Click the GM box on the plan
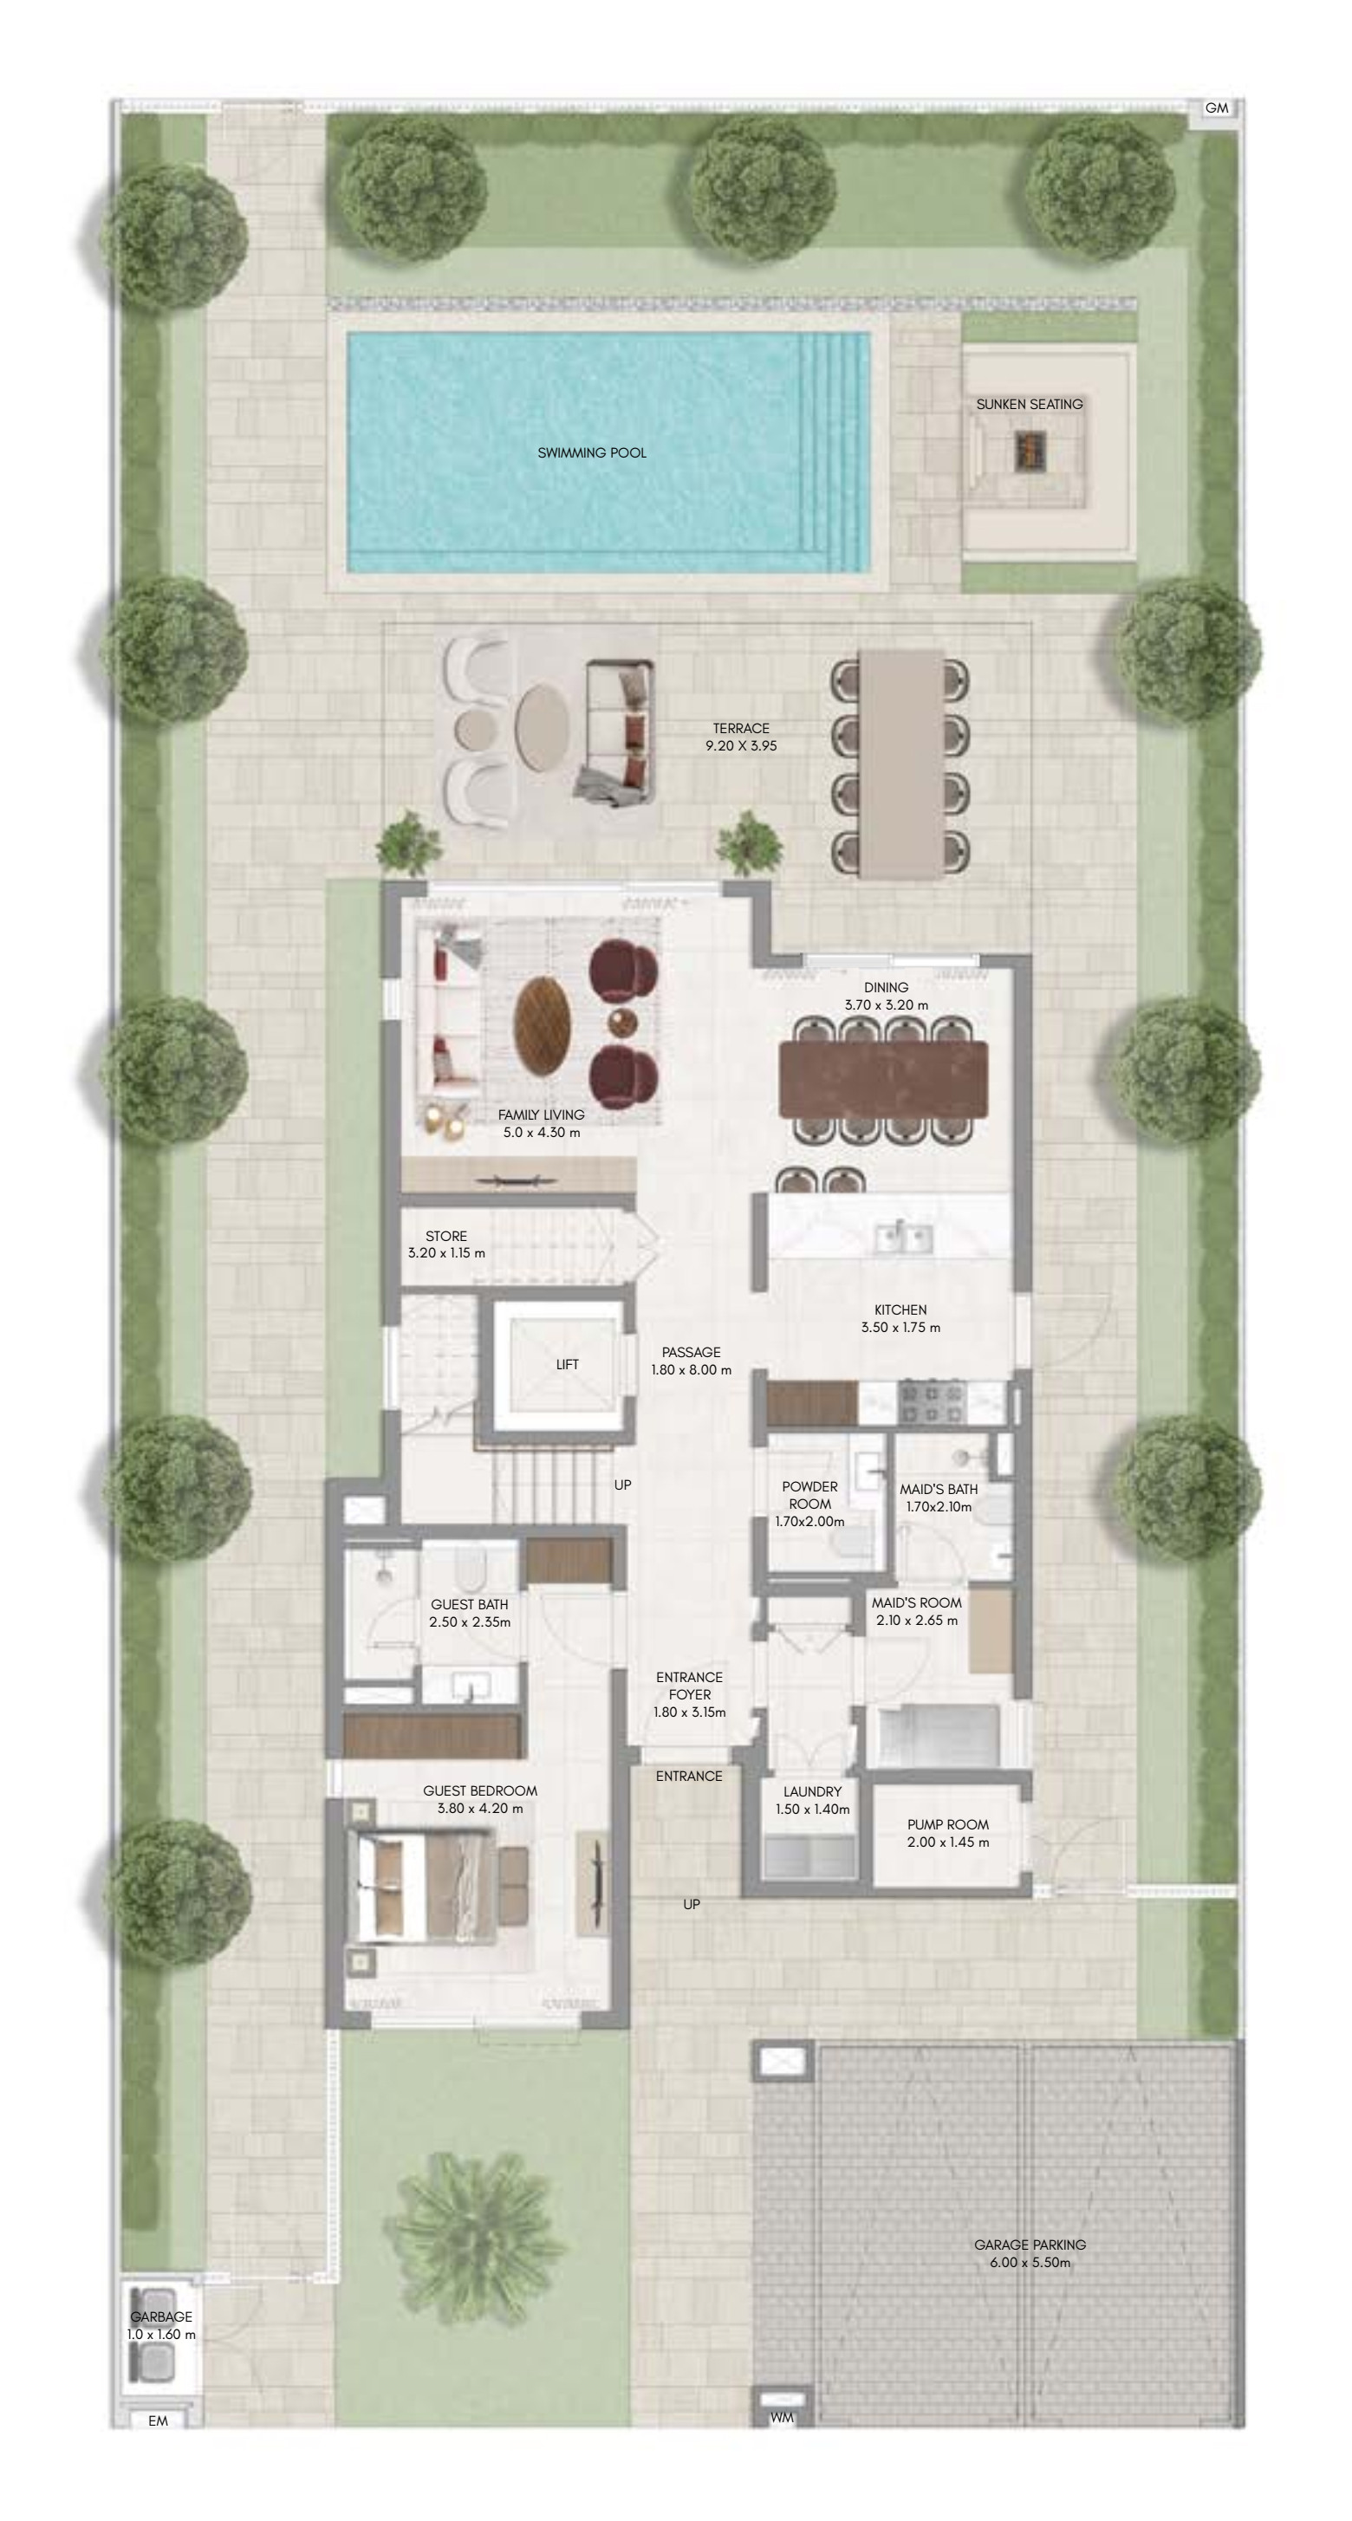tap(1216, 108)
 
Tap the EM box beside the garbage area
tap(158, 2420)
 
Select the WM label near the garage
tap(781, 2417)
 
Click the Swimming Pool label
tap(591, 453)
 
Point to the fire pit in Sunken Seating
tap(1030, 448)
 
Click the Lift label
tap(567, 1364)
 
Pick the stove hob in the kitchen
tap(931, 1401)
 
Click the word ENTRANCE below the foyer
tap(688, 1777)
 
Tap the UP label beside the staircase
tap(622, 1485)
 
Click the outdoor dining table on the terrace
tap(900, 763)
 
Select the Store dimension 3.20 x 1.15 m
tap(446, 1252)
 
